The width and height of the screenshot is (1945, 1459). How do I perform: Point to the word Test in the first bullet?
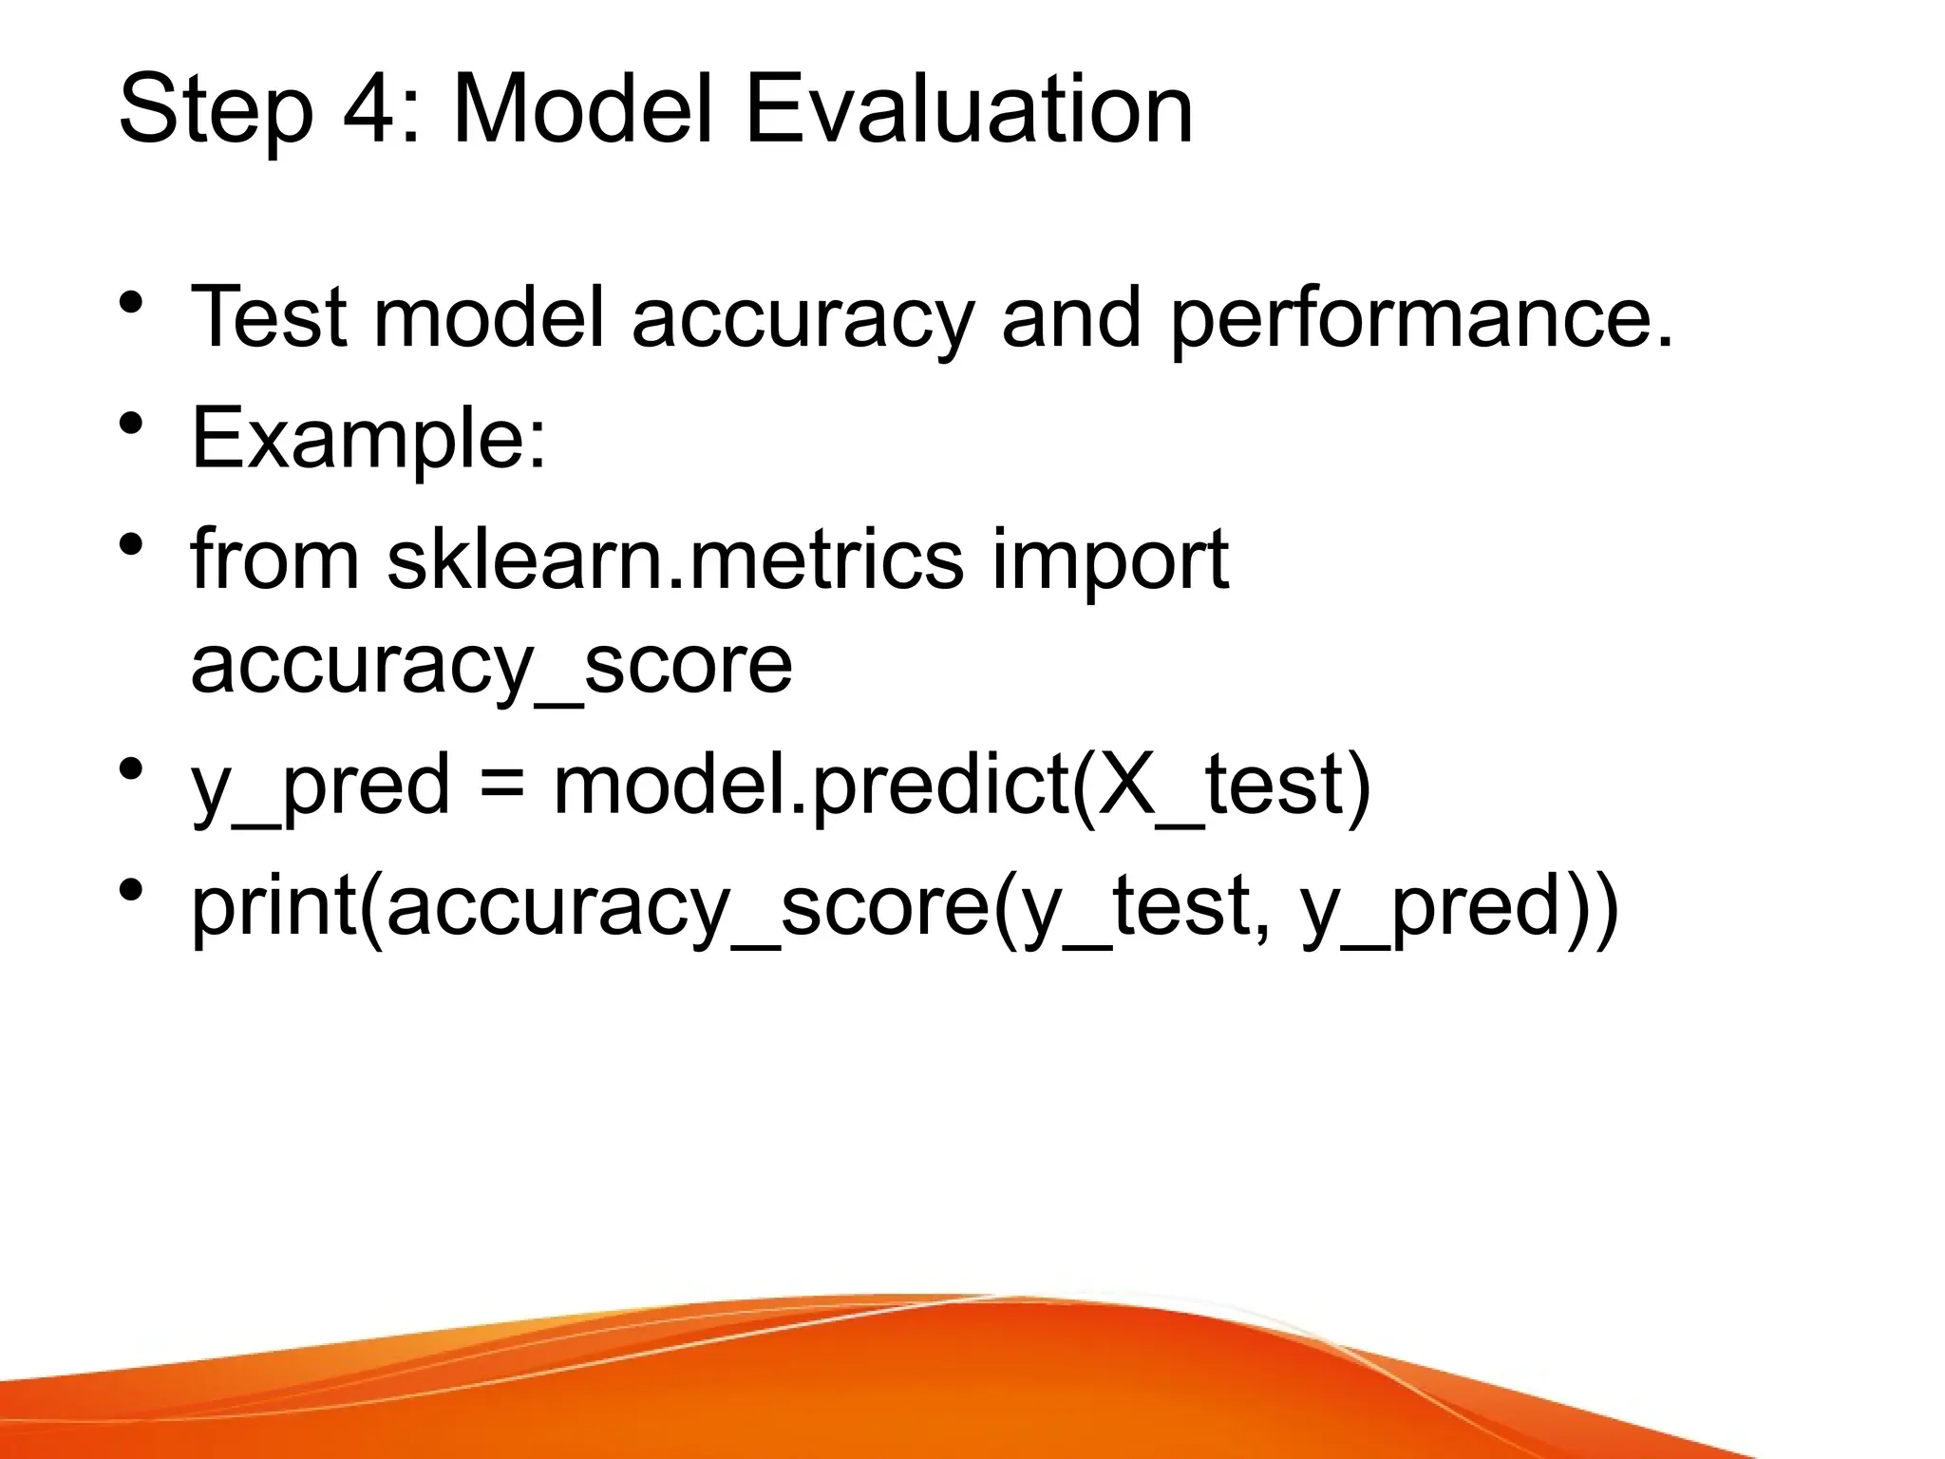click(x=269, y=317)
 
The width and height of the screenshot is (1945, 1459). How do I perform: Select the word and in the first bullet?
click(x=1070, y=317)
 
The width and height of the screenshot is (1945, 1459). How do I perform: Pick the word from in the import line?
click(x=274, y=559)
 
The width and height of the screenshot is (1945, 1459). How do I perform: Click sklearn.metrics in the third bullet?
click(x=675, y=559)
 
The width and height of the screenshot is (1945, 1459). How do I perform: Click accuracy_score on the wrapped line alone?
click(x=491, y=666)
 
